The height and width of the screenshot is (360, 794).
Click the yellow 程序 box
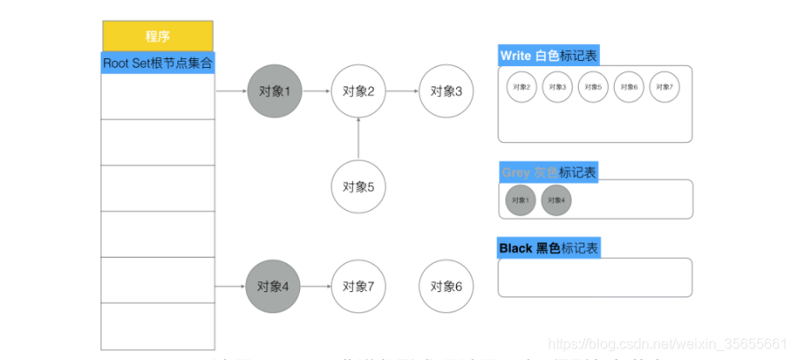157,36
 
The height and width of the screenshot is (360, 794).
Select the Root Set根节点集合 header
158,64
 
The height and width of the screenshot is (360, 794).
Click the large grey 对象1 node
274,91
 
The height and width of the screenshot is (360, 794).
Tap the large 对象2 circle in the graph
358,91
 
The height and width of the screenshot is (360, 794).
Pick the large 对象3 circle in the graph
446,91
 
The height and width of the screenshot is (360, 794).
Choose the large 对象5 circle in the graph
358,186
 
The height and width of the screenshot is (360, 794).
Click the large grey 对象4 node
273,287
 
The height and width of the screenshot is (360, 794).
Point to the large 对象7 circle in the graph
358,287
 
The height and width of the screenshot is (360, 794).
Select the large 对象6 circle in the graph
446,287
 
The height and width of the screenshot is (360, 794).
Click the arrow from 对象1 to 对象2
316,91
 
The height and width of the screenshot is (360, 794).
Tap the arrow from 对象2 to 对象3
401,91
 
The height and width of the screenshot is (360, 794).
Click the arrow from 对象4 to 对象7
316,287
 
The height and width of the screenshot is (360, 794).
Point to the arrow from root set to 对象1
231,91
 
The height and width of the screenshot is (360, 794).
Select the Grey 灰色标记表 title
548,172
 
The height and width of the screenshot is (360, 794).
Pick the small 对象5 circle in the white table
593,87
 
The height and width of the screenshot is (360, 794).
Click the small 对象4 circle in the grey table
556,200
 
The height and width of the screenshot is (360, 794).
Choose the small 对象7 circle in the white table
664,87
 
